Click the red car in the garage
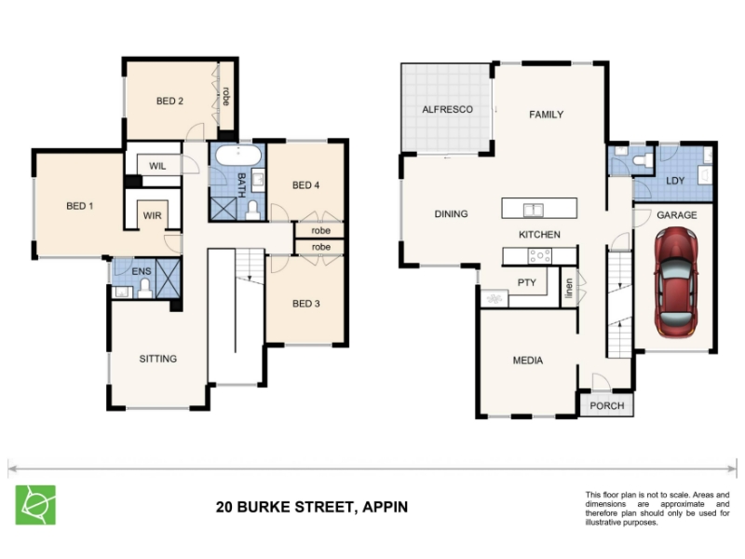click(676, 282)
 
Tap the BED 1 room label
click(80, 206)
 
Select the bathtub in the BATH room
click(238, 155)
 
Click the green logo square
click(35, 505)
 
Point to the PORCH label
click(607, 406)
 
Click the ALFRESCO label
click(448, 109)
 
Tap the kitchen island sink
click(534, 210)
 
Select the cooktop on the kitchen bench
click(540, 256)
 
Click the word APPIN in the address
click(385, 507)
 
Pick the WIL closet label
click(157, 166)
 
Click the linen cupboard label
click(569, 288)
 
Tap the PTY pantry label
click(526, 283)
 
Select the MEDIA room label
click(528, 361)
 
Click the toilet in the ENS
click(145, 289)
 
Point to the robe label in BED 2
click(225, 97)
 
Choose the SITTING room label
click(157, 359)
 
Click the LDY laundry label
click(675, 181)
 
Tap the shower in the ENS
click(169, 278)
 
